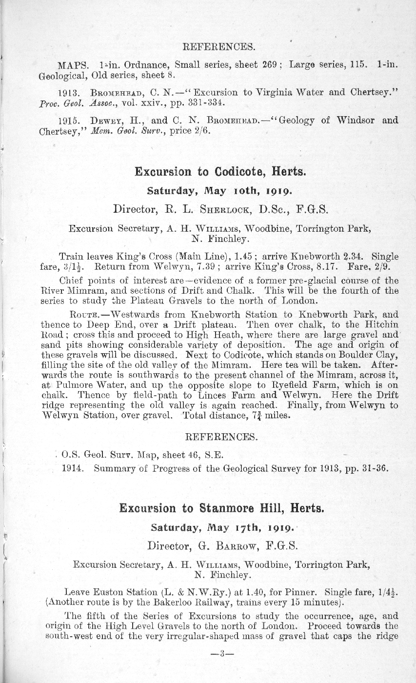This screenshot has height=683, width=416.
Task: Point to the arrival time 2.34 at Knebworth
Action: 356,256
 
